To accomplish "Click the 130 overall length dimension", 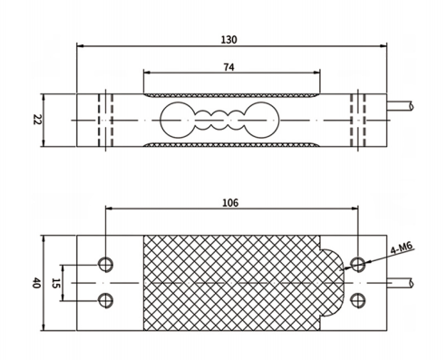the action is (x=229, y=40).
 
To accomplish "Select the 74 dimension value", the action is (x=228, y=67).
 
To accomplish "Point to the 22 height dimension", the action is (x=36, y=120).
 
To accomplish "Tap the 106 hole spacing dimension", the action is (x=230, y=202).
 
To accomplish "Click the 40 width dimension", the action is (x=36, y=283).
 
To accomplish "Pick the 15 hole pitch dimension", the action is (x=54, y=283).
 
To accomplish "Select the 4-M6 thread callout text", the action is (x=402, y=248).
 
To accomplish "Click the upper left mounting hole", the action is (x=105, y=265).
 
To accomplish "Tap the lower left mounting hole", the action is (x=105, y=301).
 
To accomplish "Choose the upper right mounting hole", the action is (x=358, y=265).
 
